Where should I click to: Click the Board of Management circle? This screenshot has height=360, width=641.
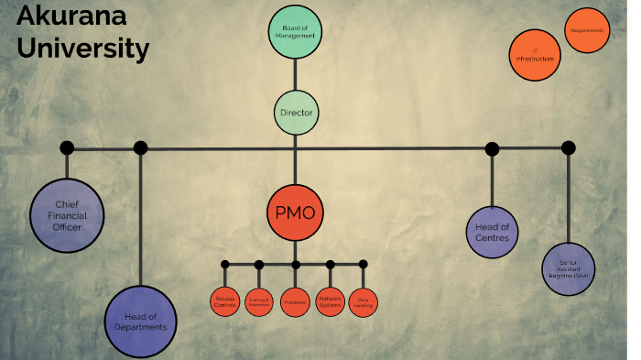click(295, 32)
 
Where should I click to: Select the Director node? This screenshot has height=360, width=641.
click(296, 114)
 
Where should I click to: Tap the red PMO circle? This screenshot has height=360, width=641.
click(295, 213)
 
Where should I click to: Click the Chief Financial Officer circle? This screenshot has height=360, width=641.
click(68, 214)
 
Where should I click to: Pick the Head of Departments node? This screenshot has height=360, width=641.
click(139, 322)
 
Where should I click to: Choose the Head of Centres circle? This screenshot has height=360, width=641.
click(493, 233)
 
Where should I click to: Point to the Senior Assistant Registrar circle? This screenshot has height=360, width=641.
click(569, 269)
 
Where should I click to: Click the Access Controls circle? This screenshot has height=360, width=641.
click(224, 300)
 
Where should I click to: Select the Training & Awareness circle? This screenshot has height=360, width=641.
click(259, 301)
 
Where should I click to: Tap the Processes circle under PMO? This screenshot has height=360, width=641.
click(295, 301)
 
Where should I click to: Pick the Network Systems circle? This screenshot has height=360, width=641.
click(330, 300)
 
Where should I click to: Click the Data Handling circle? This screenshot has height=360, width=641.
click(364, 301)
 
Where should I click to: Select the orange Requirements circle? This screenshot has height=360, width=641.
click(587, 31)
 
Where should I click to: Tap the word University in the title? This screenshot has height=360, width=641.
click(83, 48)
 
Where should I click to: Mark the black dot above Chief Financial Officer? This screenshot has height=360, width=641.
click(67, 147)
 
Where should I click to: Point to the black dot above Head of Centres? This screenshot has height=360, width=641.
click(493, 148)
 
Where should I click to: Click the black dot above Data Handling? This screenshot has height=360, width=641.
click(364, 264)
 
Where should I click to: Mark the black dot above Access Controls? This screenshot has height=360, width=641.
click(224, 265)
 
